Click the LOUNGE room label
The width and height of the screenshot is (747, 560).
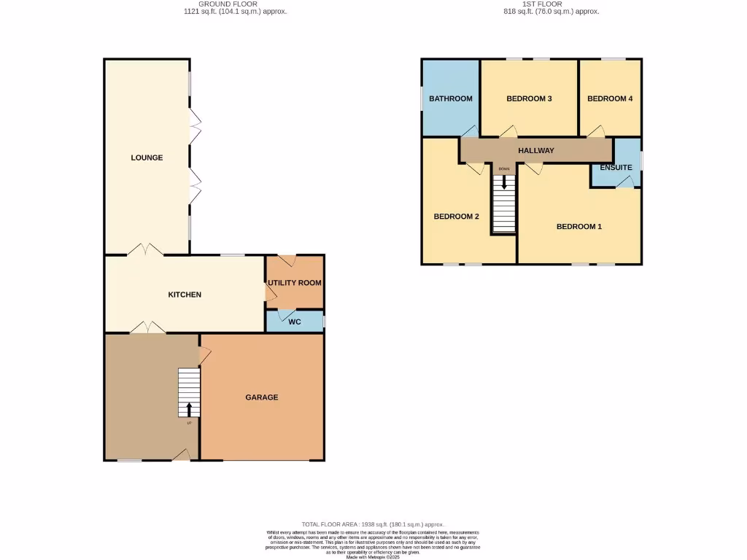(147, 157)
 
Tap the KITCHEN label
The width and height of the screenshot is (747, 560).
(185, 295)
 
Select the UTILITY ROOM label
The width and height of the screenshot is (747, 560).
(294, 283)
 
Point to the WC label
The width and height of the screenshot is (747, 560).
(295, 322)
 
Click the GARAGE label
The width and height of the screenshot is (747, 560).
(261, 397)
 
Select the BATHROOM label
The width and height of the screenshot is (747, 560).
(450, 98)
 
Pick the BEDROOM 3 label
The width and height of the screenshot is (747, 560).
(529, 98)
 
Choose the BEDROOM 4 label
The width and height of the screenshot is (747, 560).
(610, 98)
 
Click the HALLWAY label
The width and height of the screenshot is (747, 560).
(536, 150)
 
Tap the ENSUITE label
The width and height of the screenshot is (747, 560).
(616, 168)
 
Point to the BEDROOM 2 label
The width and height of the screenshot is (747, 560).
(456, 217)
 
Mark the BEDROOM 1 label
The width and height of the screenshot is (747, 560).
(579, 227)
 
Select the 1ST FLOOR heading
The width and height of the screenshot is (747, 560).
(543, 4)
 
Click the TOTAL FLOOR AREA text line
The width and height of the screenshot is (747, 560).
(373, 524)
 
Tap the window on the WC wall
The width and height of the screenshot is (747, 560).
(324, 321)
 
